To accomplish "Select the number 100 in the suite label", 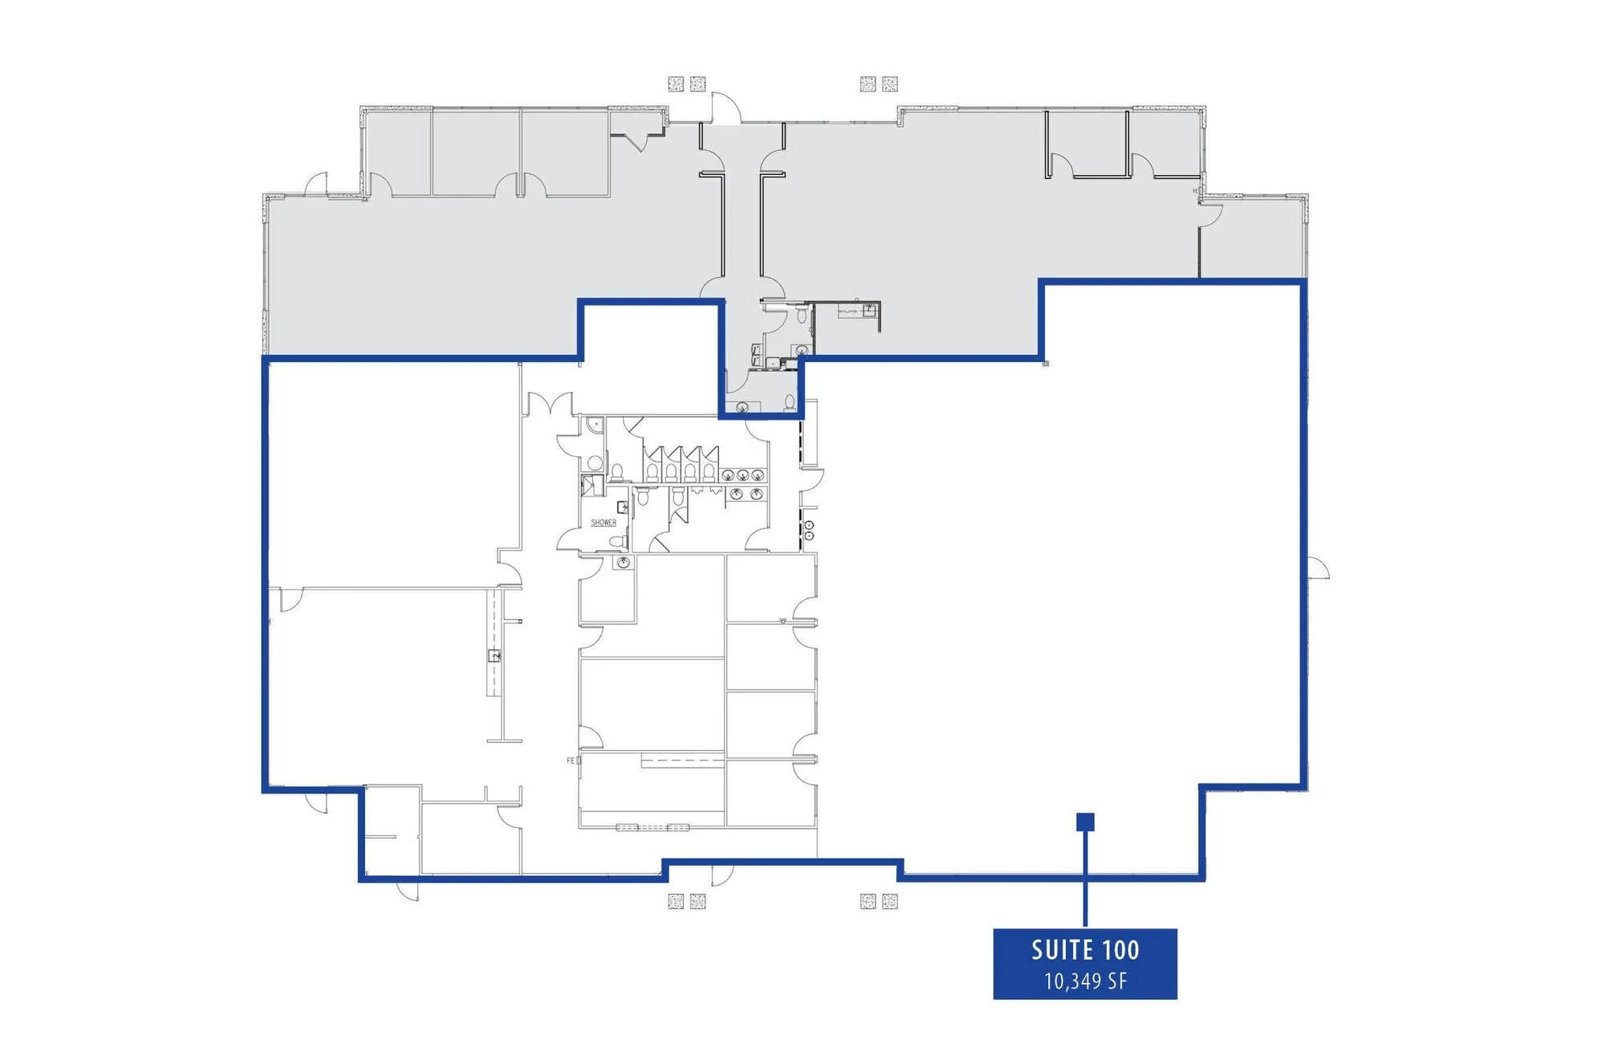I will (x=1121, y=950).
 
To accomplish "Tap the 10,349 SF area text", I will (x=1085, y=981).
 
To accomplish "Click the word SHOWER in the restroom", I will (x=603, y=523).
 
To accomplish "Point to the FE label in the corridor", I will (x=571, y=761).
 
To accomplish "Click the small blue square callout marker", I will (x=1085, y=822).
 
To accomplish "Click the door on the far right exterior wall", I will (x=1318, y=568).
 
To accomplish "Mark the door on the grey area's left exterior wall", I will (x=316, y=185).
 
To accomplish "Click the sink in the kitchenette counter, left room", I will (x=495, y=656).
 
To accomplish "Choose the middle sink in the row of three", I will (x=743, y=475).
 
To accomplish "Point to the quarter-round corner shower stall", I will (x=592, y=485).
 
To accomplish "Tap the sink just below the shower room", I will (x=623, y=563).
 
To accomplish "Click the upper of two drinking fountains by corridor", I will (x=809, y=524).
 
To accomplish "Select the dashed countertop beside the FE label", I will (x=682, y=760).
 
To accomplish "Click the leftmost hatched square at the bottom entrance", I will (x=676, y=901).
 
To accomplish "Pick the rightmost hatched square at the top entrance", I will (x=889, y=84).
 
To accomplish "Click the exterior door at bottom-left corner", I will (x=408, y=890).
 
